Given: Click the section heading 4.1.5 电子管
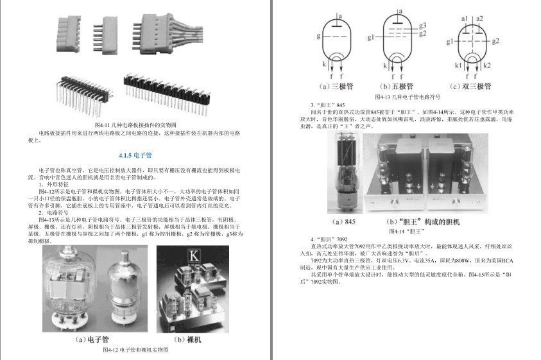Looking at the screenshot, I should [135, 155].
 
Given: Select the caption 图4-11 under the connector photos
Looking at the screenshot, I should [135, 124].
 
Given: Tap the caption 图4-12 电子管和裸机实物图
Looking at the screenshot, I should [135, 350].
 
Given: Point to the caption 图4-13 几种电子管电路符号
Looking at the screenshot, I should [408, 97].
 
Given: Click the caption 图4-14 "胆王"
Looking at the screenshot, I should [407, 231].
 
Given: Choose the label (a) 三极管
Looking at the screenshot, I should [341, 86].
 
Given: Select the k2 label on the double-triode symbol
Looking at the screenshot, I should [487, 65].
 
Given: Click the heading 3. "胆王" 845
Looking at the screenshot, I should [327, 105].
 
